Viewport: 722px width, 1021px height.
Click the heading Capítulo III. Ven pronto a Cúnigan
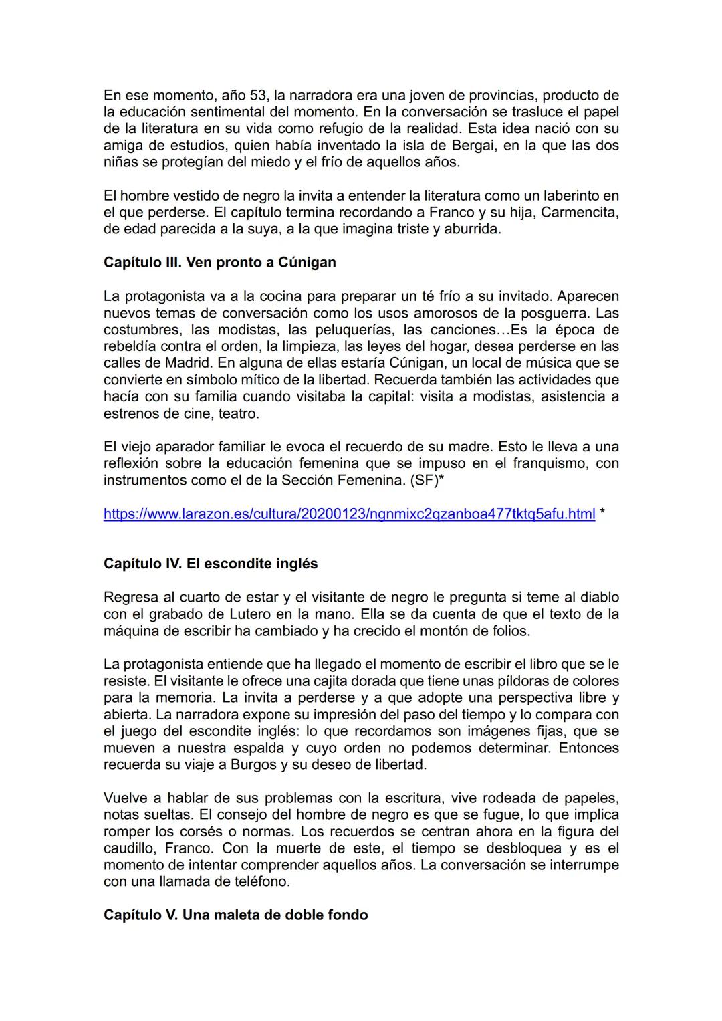click(219, 262)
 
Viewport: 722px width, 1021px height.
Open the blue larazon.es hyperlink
click(349, 514)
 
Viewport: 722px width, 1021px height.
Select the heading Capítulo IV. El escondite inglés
click(211, 564)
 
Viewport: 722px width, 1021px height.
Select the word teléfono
click(261, 881)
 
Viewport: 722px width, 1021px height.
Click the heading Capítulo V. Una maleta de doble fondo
click(235, 915)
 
